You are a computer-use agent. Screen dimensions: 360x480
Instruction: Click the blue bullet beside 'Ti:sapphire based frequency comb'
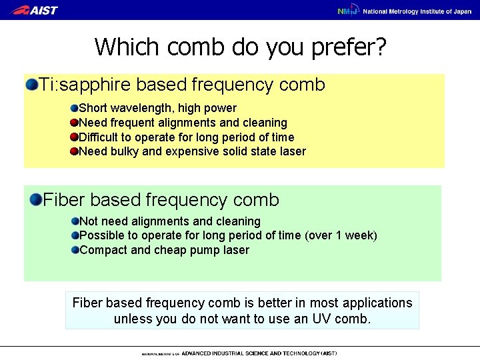[31, 85]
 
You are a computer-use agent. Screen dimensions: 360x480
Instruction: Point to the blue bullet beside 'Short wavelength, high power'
[74, 108]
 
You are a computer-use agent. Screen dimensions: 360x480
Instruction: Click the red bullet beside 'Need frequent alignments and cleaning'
[74, 123]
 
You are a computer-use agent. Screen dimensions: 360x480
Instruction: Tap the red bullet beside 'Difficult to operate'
[74, 137]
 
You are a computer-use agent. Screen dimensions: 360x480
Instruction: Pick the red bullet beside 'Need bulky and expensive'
[74, 152]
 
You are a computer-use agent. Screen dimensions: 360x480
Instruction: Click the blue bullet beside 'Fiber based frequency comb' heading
[35, 199]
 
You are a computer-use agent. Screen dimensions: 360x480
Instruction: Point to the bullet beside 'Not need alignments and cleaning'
[74, 221]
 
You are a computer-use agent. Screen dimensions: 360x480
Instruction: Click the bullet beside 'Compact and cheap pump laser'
[74, 251]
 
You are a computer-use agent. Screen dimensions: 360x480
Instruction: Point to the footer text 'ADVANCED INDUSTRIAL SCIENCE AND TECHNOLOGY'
[250, 353]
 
